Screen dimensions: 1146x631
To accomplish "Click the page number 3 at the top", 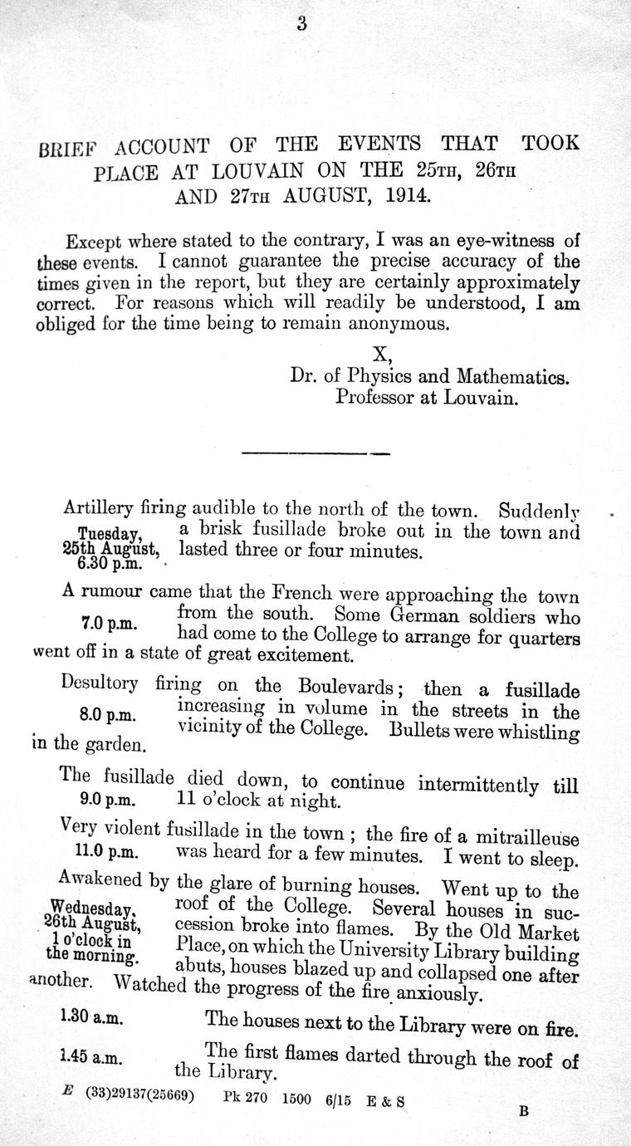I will tap(301, 24).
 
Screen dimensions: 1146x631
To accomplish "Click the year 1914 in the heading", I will tap(403, 197).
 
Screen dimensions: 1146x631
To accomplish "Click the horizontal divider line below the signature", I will tap(315, 453).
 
